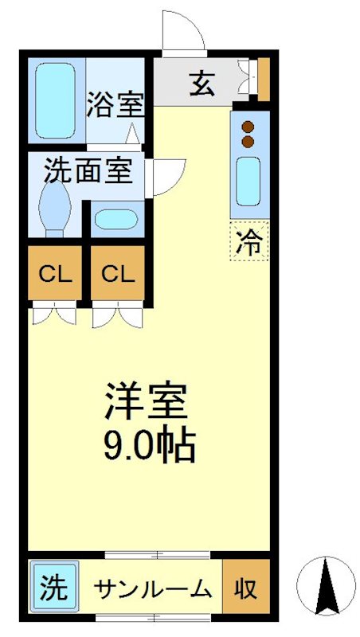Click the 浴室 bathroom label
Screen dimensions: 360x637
coord(115,105)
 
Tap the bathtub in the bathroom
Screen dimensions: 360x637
coord(55,100)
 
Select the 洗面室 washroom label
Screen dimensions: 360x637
coord(88,171)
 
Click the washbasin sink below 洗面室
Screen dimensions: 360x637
coord(116,220)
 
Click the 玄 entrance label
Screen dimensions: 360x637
coord(202,84)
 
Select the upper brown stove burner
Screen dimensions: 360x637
coord(248,127)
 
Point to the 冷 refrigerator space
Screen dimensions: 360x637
coord(249,241)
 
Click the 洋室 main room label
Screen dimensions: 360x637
coord(146,402)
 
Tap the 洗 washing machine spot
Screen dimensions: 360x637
coord(54,587)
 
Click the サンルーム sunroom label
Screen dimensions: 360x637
coord(154,588)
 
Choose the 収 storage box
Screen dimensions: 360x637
coord(246,587)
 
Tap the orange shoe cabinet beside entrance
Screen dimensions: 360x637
coord(264,79)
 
